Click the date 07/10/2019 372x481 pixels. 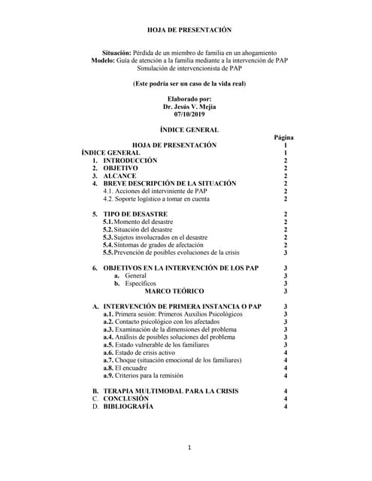point(187,115)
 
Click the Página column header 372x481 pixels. point(283,138)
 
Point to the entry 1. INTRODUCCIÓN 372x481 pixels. point(124,161)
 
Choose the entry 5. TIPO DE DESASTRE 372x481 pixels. point(129,214)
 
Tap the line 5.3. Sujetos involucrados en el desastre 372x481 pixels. point(160,237)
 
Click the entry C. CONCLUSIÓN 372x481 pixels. point(120,399)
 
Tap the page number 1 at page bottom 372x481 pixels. point(190,449)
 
